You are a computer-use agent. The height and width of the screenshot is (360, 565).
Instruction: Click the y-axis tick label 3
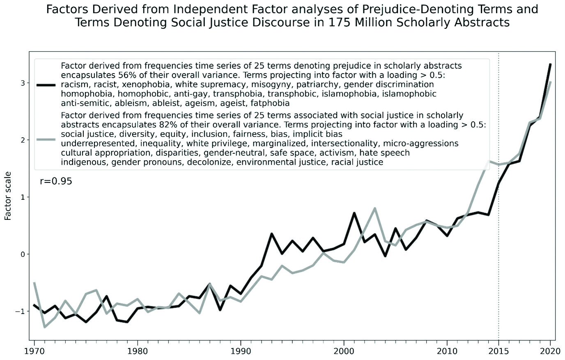point(23,83)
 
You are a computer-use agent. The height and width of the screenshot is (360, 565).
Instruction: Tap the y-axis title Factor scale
point(8,196)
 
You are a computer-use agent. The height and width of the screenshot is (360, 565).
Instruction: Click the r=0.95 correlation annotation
point(56,181)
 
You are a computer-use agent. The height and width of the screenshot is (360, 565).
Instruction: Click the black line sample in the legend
point(46,85)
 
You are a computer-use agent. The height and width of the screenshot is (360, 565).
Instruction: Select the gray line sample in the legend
point(46,140)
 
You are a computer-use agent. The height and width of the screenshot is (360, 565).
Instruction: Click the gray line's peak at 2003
point(374,208)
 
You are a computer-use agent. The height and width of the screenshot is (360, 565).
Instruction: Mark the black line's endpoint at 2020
point(550,64)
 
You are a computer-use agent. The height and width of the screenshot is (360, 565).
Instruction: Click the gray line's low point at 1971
point(45,327)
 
